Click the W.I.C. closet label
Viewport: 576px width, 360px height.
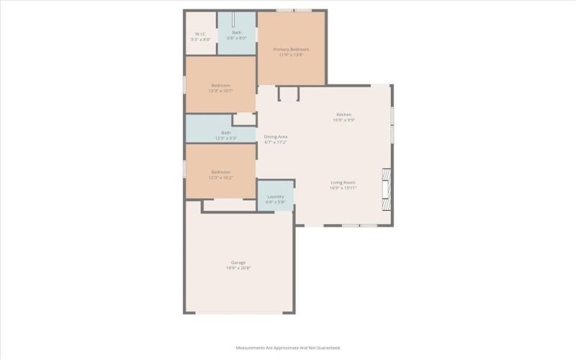pos(200,33)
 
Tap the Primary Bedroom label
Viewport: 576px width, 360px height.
pos(292,49)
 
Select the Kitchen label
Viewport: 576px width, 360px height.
pos(343,115)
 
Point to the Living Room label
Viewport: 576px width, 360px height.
pos(343,182)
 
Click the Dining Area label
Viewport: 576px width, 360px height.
pos(276,137)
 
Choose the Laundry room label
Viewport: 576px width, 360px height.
pos(276,197)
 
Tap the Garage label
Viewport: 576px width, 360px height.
pos(238,263)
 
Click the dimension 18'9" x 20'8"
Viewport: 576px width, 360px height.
pos(238,269)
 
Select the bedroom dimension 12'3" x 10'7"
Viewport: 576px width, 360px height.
pos(221,91)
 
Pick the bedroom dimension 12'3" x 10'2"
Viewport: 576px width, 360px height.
pos(221,177)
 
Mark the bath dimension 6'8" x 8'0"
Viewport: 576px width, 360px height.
pos(237,38)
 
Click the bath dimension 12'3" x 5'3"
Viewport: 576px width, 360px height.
pos(226,138)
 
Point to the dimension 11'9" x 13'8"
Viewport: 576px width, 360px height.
pos(292,55)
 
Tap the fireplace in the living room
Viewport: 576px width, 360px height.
pos(387,189)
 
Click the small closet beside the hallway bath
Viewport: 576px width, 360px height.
pos(244,119)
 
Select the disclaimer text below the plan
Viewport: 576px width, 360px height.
pos(288,348)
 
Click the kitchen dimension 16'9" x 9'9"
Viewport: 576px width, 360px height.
pos(343,120)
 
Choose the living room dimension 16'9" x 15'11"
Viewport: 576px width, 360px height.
pos(343,188)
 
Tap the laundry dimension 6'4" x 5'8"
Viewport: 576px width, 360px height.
pos(276,202)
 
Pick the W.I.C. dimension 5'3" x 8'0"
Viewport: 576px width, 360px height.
pos(200,39)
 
